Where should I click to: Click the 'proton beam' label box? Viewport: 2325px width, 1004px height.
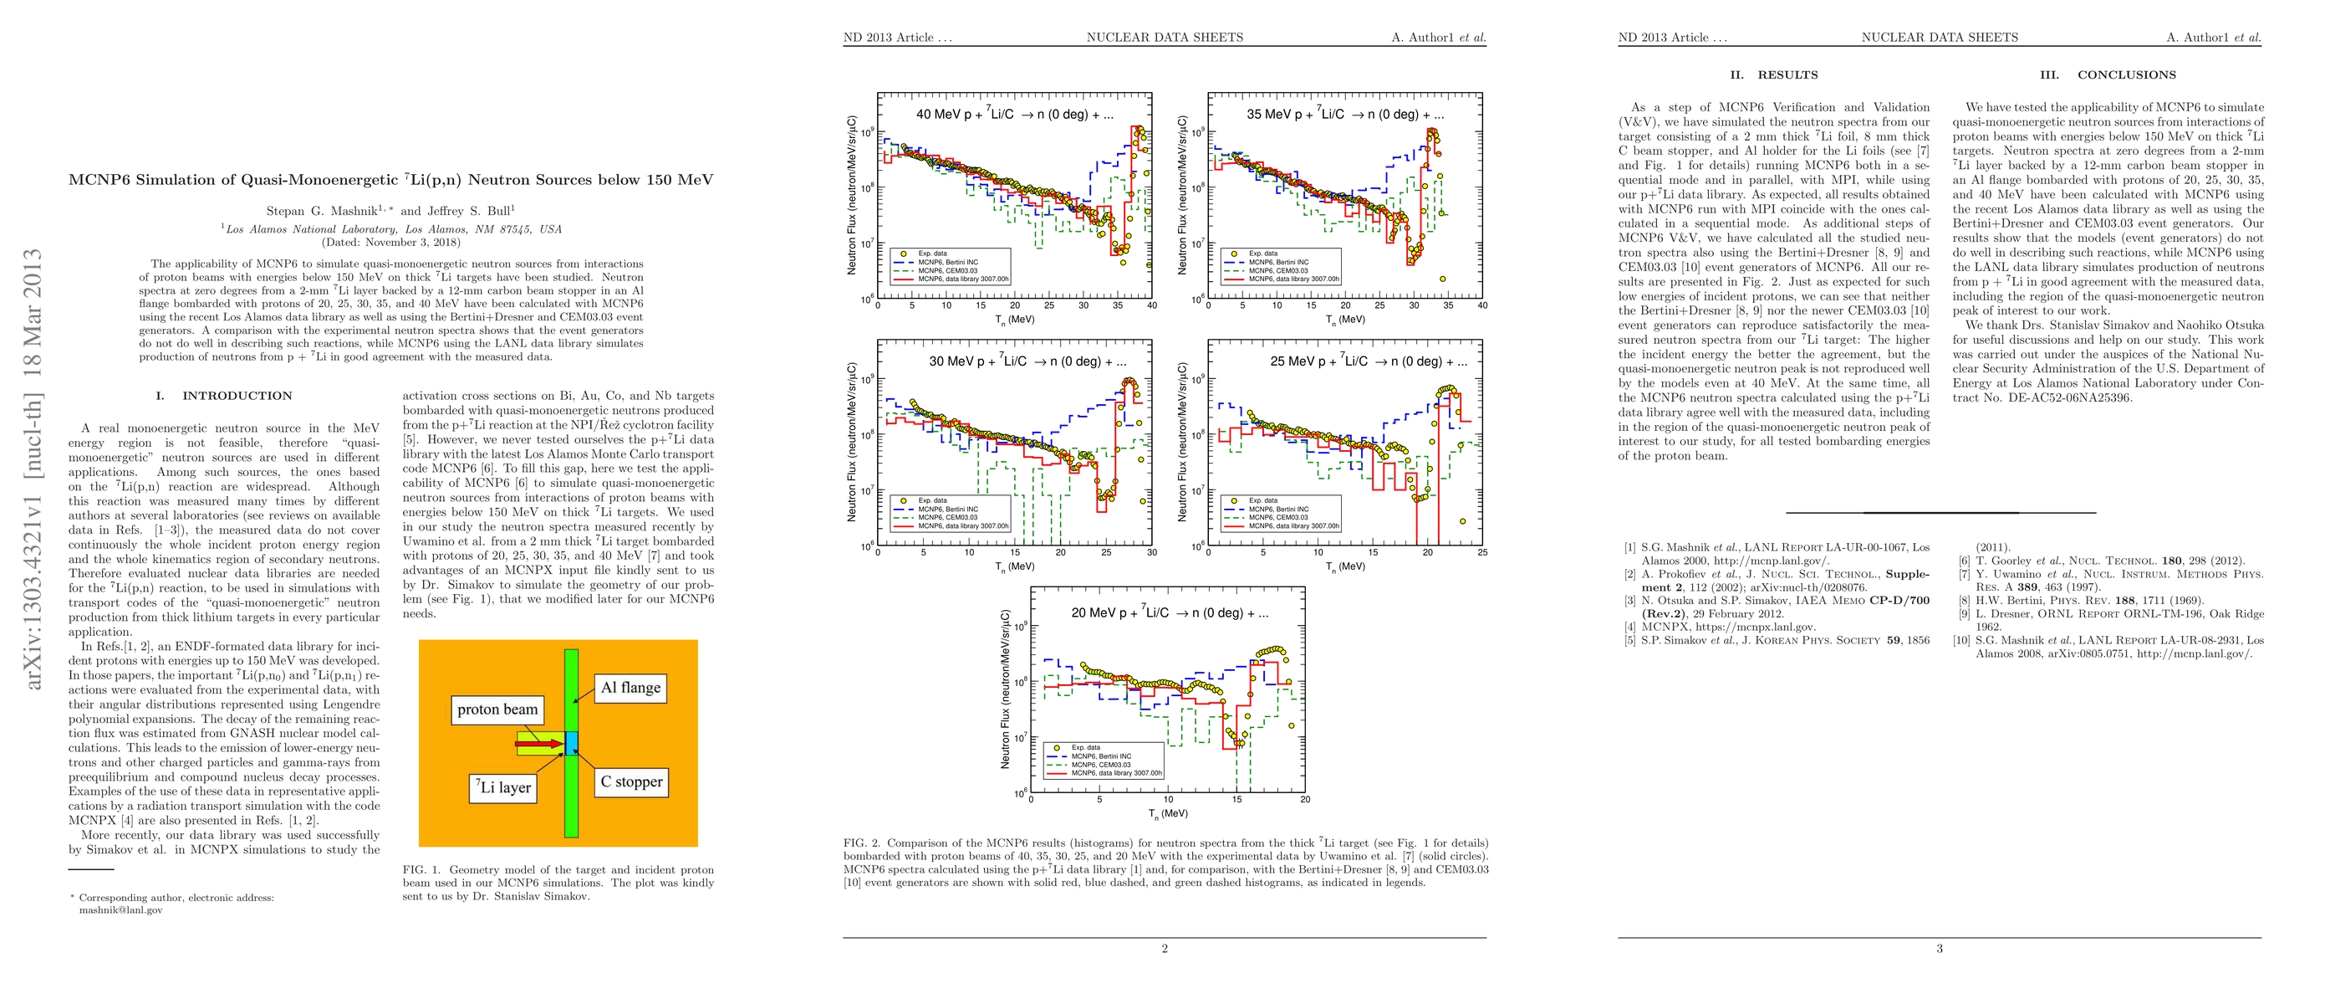(x=497, y=709)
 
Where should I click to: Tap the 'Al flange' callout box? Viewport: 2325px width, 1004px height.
(x=631, y=688)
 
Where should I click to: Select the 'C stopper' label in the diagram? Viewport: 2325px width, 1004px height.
(x=631, y=782)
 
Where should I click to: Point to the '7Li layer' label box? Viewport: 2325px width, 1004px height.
(x=503, y=787)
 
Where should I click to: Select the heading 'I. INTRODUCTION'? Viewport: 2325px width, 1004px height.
(x=224, y=396)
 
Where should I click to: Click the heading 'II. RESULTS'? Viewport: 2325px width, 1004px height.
(x=1773, y=75)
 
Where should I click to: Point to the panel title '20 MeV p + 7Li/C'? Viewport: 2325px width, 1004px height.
(x=1170, y=612)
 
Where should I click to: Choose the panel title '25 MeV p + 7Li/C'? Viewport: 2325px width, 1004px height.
(x=1369, y=361)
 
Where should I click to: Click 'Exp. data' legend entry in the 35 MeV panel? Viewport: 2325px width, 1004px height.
(x=1262, y=254)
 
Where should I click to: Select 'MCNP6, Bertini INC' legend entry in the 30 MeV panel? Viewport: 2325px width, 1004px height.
(x=948, y=510)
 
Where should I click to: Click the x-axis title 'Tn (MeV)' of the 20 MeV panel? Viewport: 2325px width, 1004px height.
(x=1168, y=813)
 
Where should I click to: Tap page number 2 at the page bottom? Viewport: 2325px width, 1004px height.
(x=1165, y=949)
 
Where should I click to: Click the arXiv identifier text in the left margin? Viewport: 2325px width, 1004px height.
(x=33, y=469)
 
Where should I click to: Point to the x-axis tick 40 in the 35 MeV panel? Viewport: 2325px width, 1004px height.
(x=1482, y=305)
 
